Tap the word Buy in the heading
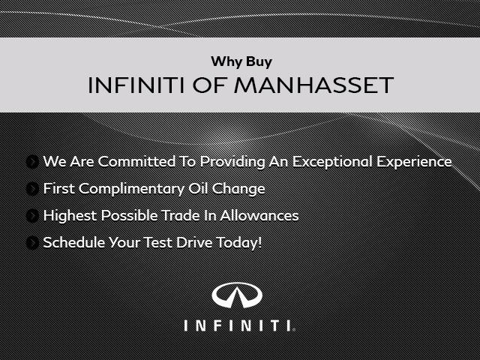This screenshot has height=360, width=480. click(259, 61)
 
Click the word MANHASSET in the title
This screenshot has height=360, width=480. click(313, 85)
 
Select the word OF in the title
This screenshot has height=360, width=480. click(209, 85)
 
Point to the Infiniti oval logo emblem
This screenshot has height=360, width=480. click(237, 295)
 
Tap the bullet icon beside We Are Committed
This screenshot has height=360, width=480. click(32, 162)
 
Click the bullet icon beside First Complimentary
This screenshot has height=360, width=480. click(32, 189)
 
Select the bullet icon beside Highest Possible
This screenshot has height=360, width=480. click(32, 216)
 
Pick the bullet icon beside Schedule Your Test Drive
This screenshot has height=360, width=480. click(32, 243)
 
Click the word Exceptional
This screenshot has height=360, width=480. click(332, 162)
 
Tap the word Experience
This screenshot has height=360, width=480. click(414, 162)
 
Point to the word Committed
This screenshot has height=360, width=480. click(136, 161)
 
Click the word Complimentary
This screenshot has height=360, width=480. click(131, 189)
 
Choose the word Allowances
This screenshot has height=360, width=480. click(259, 215)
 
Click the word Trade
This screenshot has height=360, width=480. click(181, 215)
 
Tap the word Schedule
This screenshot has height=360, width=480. click(74, 242)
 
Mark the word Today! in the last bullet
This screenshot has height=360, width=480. click(239, 243)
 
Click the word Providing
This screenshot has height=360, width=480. click(232, 162)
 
